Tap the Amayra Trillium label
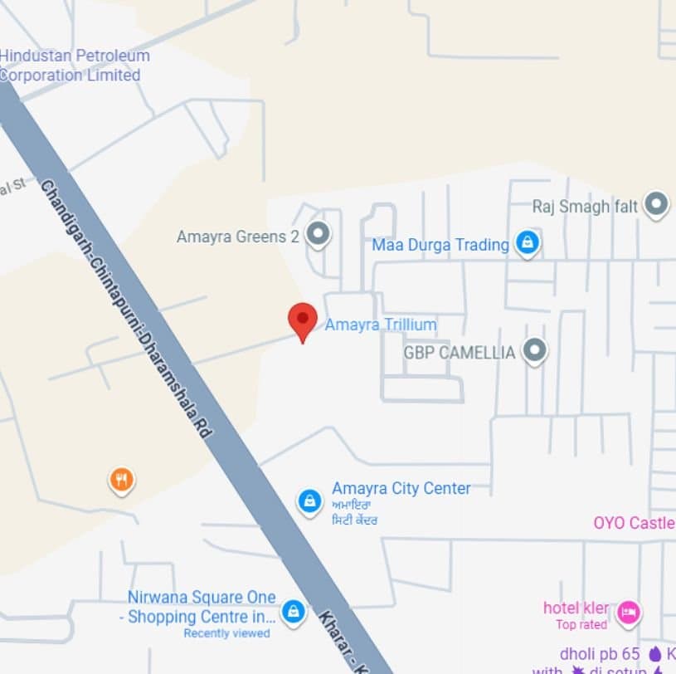380,325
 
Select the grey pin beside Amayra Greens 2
318,235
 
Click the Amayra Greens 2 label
237,237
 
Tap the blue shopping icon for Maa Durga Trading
527,243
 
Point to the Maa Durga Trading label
440,245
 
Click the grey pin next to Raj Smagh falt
656,203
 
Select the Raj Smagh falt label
585,206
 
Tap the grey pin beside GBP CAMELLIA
535,350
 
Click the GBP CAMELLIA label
459,352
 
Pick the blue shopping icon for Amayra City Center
309,501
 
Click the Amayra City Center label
401,488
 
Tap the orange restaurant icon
122,479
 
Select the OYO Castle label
634,523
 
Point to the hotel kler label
576,608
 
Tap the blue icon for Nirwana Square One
292,613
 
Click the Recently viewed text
226,633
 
